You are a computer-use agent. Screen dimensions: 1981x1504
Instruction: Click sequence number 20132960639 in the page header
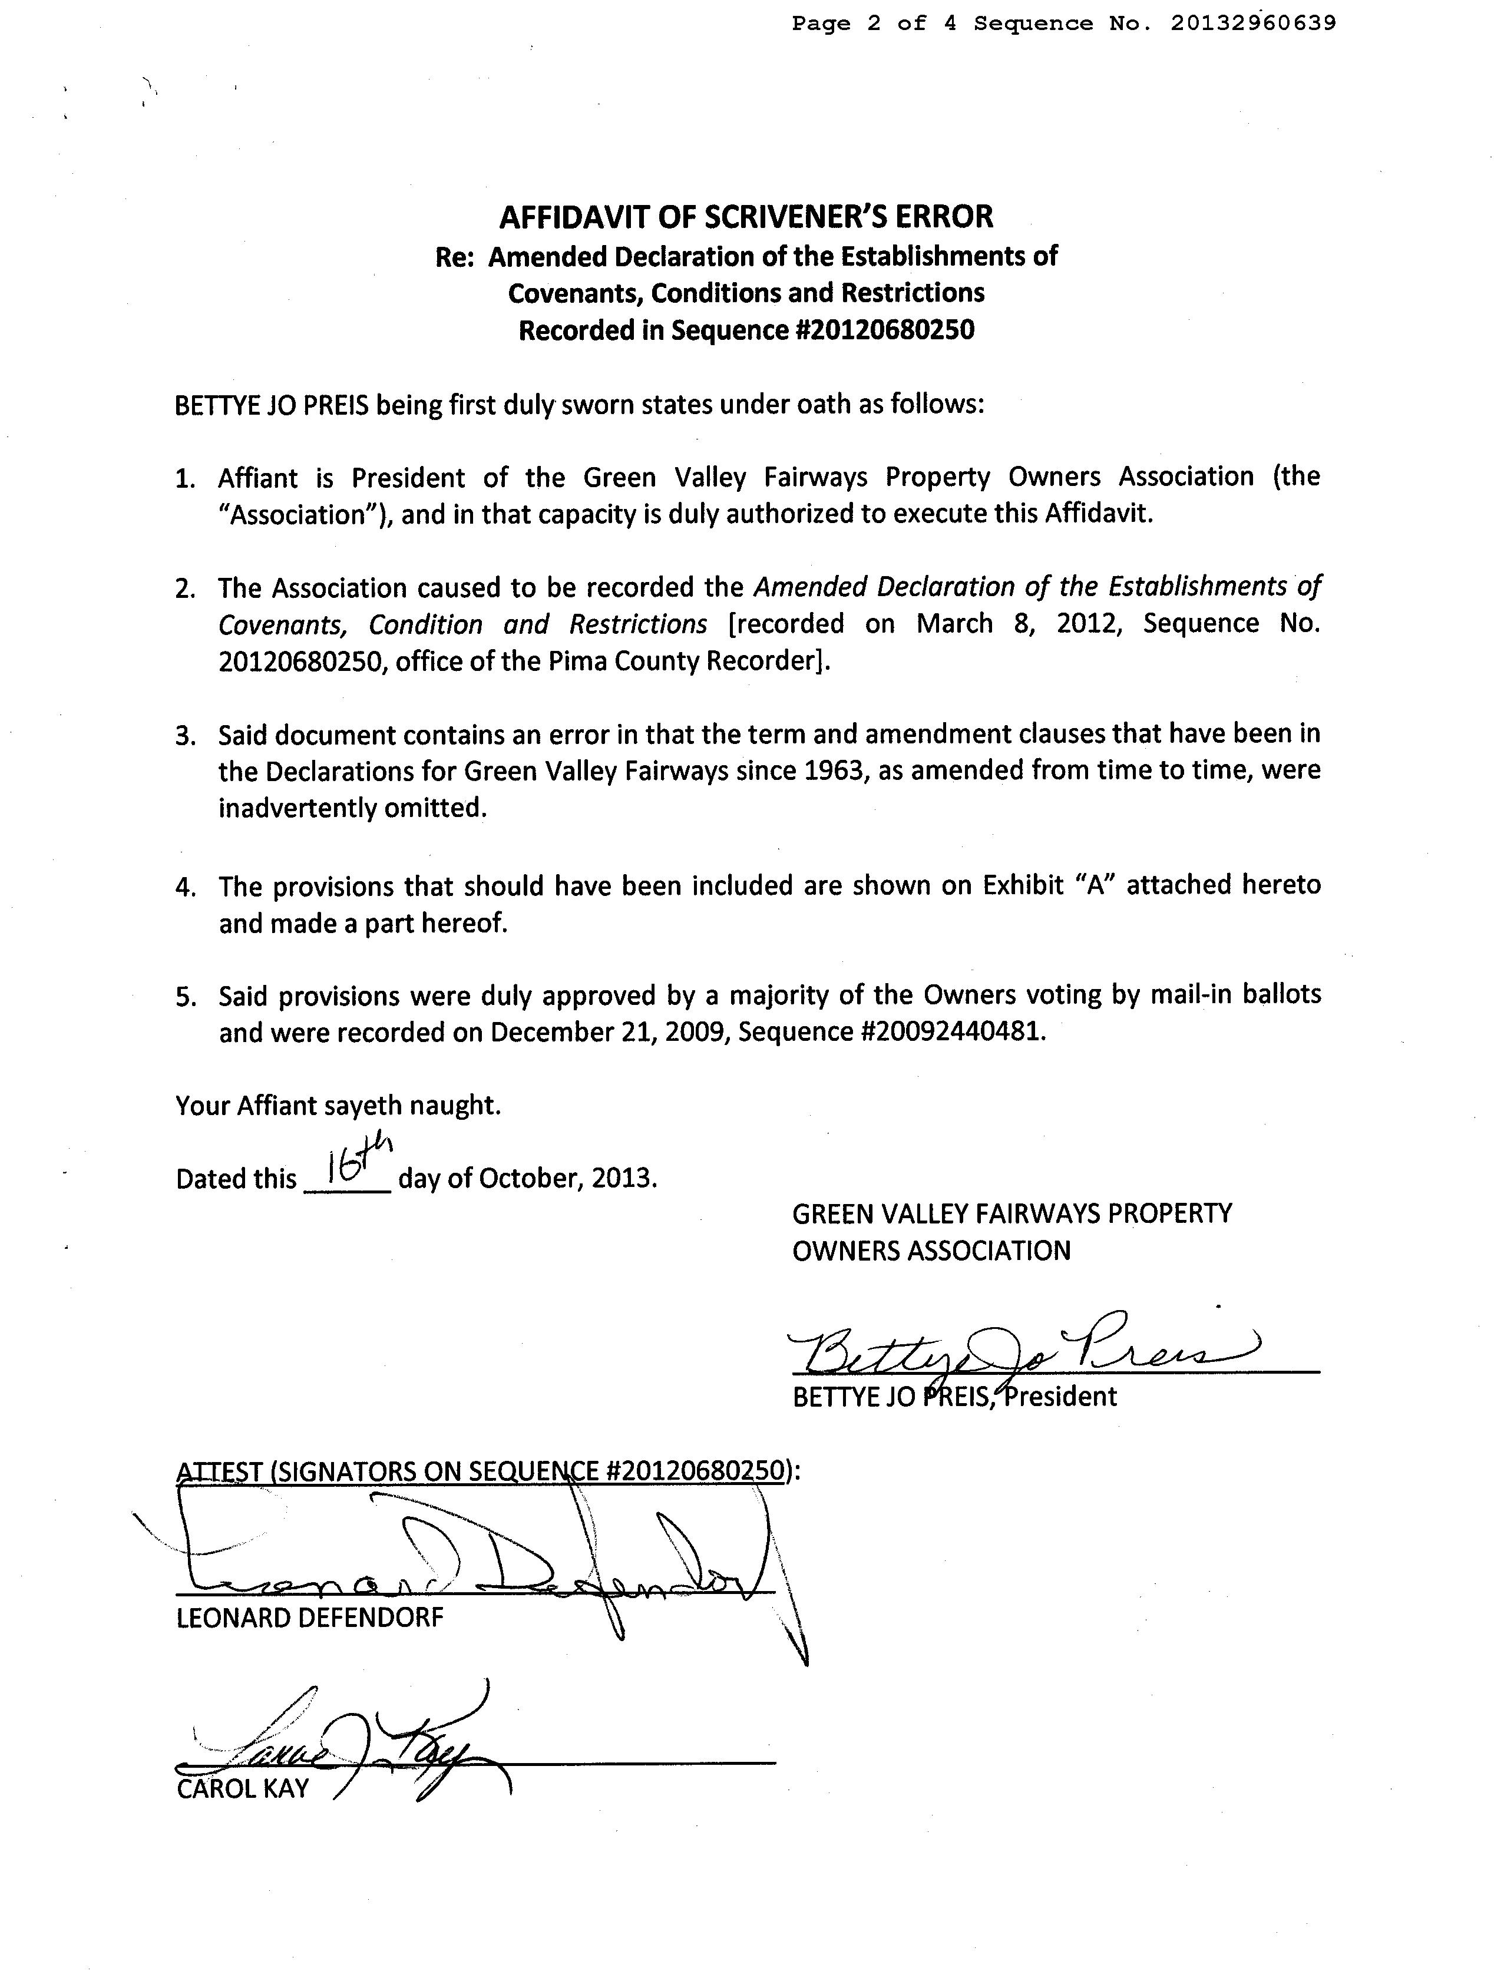1252,24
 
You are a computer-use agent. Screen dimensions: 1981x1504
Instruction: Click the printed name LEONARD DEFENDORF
310,1618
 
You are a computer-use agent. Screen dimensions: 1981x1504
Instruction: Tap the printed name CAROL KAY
243,1788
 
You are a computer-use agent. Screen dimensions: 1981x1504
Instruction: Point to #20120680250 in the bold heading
884,330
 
